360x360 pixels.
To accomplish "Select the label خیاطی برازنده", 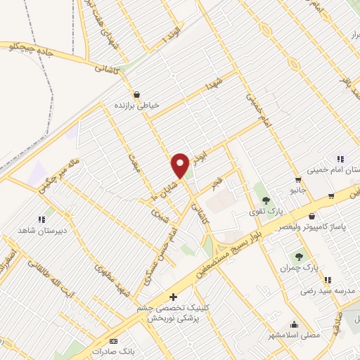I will (139, 105).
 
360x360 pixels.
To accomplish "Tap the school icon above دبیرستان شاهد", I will (41, 219).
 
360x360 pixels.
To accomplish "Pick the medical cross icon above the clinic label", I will (173, 297).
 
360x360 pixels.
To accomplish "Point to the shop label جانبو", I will (299, 190).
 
